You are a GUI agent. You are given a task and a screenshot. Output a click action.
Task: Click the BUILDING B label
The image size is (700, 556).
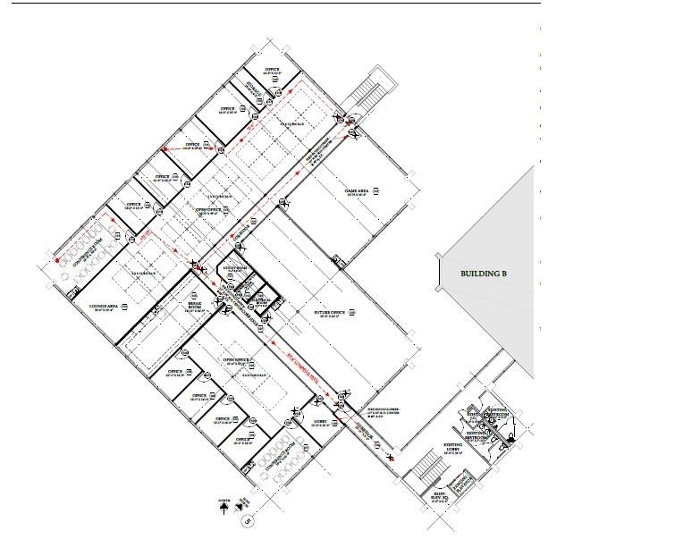pos(483,274)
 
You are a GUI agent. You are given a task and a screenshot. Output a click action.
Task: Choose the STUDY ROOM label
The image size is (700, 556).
pos(234,268)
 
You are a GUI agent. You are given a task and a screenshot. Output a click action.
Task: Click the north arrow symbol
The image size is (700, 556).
pos(223,506)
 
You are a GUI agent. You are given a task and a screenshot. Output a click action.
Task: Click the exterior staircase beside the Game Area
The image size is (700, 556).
pos(367,92)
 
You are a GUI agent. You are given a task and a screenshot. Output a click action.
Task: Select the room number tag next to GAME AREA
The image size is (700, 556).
pos(378,190)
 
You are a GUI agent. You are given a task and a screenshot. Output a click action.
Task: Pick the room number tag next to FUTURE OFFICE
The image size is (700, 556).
pos(351,312)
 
